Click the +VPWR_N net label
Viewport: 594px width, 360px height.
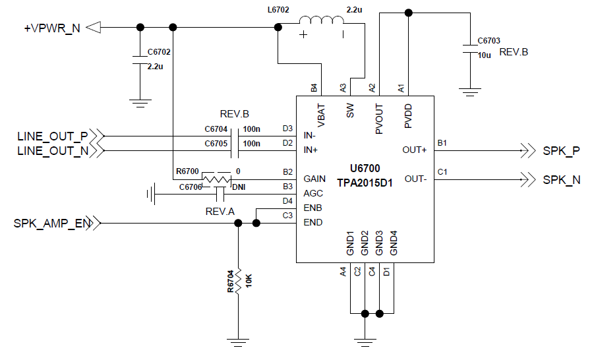point(52,28)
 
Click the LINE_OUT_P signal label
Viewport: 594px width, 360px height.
point(52,136)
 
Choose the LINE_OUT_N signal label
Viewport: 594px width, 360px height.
point(52,150)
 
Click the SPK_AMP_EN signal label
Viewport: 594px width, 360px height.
point(51,224)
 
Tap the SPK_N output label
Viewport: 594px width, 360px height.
point(561,179)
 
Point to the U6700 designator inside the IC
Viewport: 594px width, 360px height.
point(365,169)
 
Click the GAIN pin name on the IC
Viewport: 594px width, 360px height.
point(314,179)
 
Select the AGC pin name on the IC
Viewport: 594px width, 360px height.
point(312,193)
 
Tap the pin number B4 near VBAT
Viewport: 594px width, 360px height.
point(314,87)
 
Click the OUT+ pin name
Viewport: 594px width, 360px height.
point(415,150)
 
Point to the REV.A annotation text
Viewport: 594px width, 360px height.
point(220,211)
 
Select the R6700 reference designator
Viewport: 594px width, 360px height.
point(188,171)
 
